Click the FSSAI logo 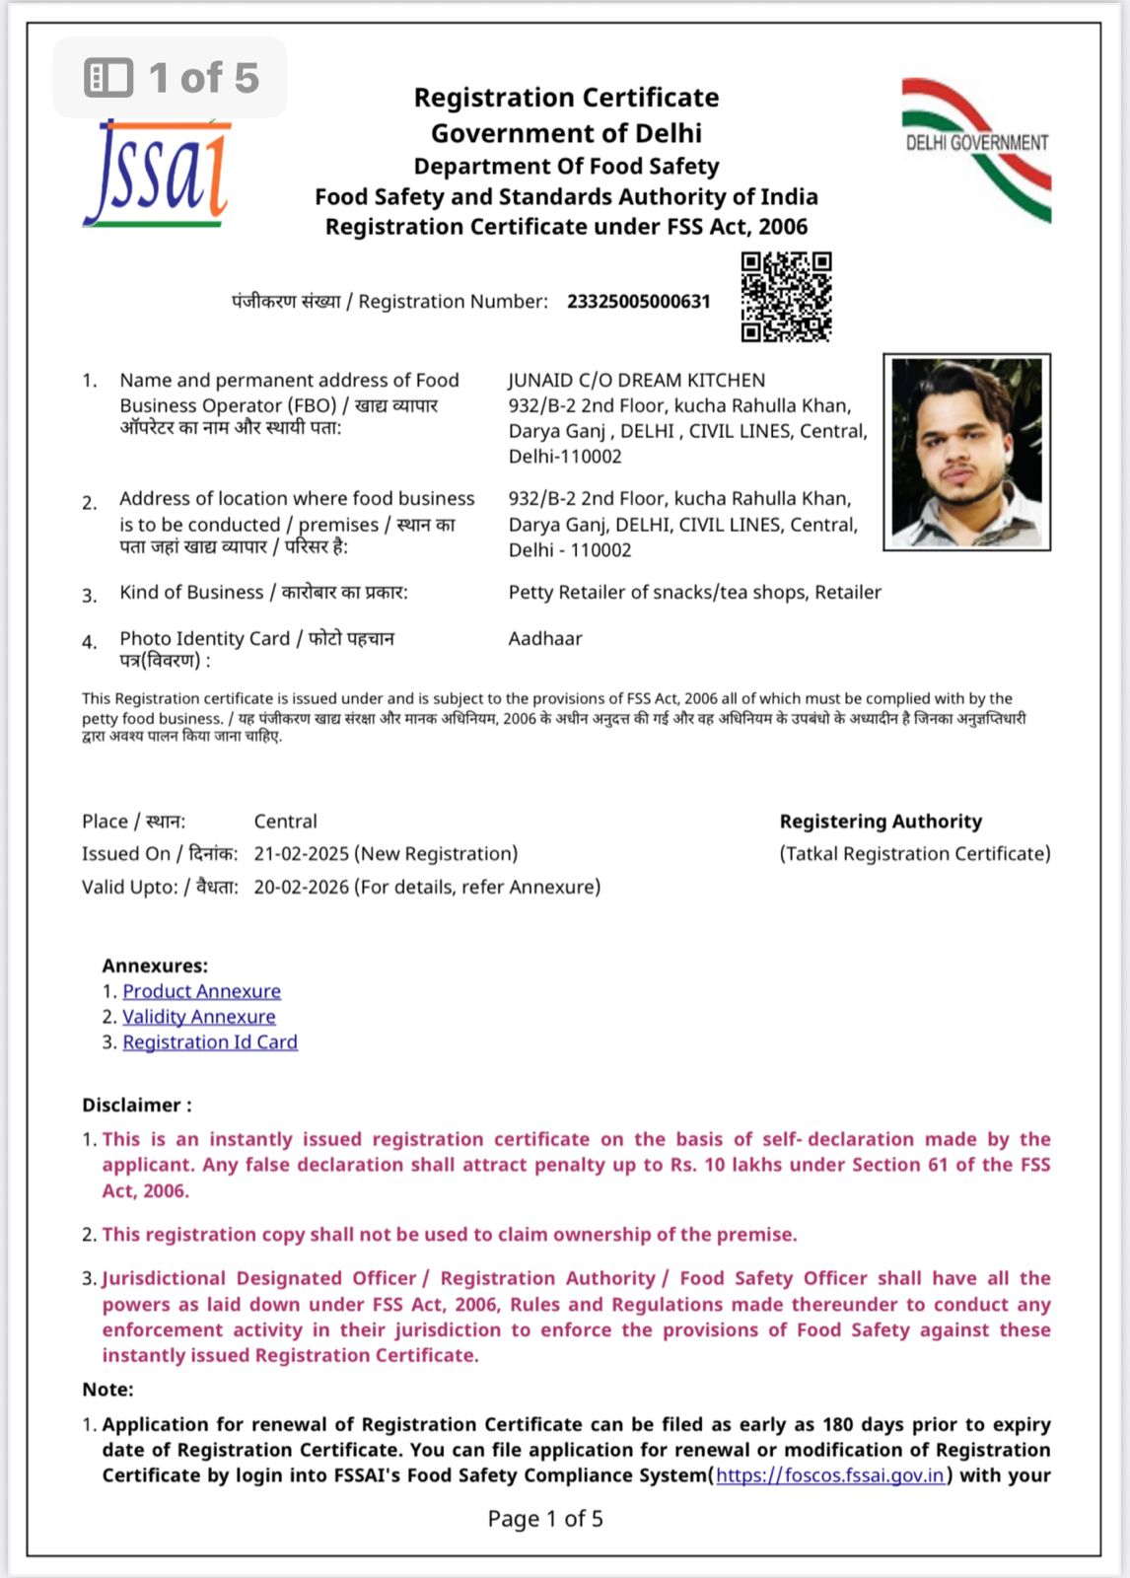pos(158,174)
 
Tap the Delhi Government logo pos(976,149)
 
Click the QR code pos(786,297)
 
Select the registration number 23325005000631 pos(638,302)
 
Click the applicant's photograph pos(966,452)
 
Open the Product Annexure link pos(201,991)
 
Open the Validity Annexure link pos(198,1017)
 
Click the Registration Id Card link pos(209,1042)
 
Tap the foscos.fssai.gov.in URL pos(830,1475)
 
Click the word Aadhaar pos(545,639)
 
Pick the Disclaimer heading pos(136,1106)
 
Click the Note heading pos(107,1390)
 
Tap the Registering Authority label pos(881,822)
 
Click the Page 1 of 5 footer pos(545,1519)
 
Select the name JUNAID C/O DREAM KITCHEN pos(636,381)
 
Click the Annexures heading pos(155,966)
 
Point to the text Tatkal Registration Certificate pos(914,854)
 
